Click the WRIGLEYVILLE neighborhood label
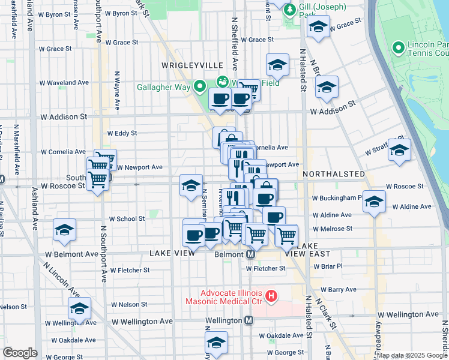[x=191, y=65]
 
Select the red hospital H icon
[x=271, y=295]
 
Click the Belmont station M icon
[x=252, y=254]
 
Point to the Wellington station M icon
[x=249, y=320]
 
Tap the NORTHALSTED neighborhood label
[x=334, y=174]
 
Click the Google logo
[x=20, y=352]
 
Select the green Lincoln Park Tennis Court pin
[x=397, y=47]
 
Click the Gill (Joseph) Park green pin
[x=290, y=10]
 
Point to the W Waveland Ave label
[x=64, y=83]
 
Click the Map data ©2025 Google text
[x=412, y=355]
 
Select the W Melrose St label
[x=332, y=229]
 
